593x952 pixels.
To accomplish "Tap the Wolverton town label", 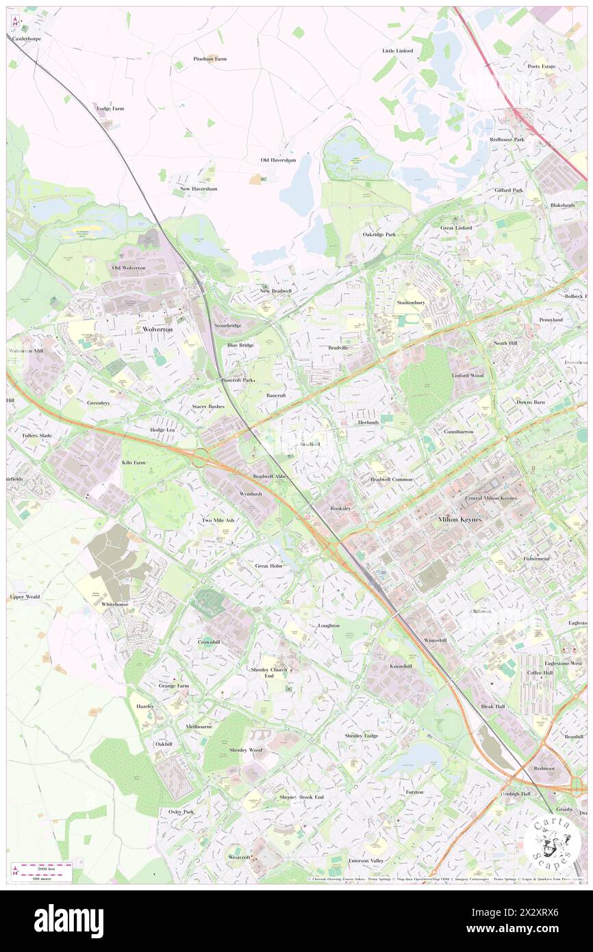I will (x=157, y=329).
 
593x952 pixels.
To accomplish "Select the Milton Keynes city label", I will (x=460, y=520).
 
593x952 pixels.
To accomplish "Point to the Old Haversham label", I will (x=278, y=160).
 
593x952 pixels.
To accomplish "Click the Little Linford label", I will (x=397, y=51).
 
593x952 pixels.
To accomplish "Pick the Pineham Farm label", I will (x=210, y=59).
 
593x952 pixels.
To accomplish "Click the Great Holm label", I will (x=268, y=566).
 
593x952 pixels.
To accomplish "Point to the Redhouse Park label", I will (x=507, y=139).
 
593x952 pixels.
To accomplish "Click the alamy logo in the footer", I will (x=68, y=920).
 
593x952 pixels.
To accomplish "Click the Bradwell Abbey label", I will (x=273, y=476).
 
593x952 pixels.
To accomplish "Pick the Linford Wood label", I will (x=468, y=375).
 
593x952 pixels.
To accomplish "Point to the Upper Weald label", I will (x=25, y=597).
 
